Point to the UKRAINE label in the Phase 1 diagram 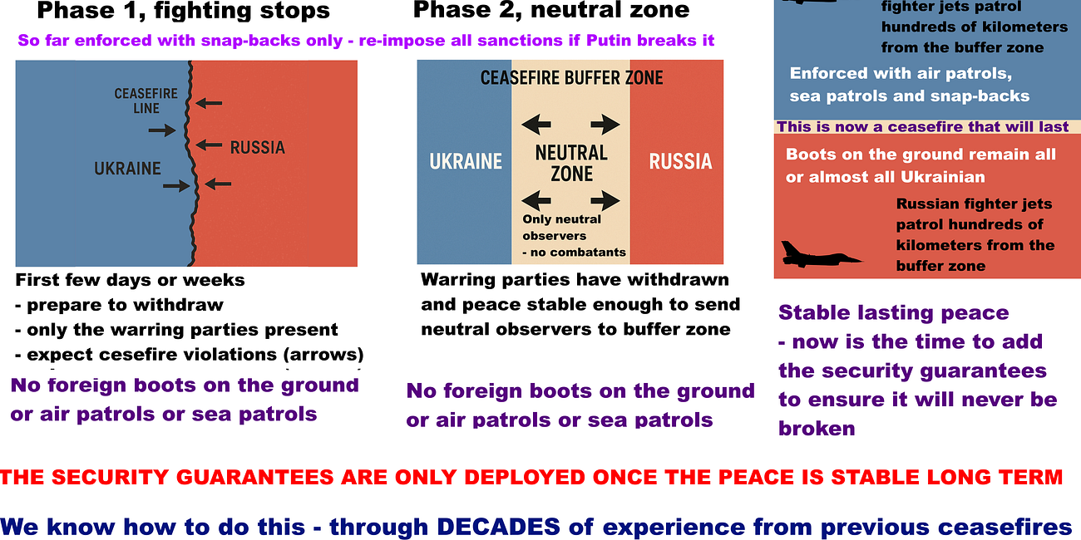(x=127, y=169)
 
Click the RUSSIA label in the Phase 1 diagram (x=257, y=148)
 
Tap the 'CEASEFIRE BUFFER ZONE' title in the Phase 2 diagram (x=571, y=79)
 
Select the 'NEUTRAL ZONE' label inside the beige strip (x=571, y=163)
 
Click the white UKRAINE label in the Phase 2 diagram (x=466, y=161)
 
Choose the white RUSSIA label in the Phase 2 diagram (x=680, y=161)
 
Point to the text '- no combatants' (x=574, y=253)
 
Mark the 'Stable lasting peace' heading (x=893, y=313)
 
